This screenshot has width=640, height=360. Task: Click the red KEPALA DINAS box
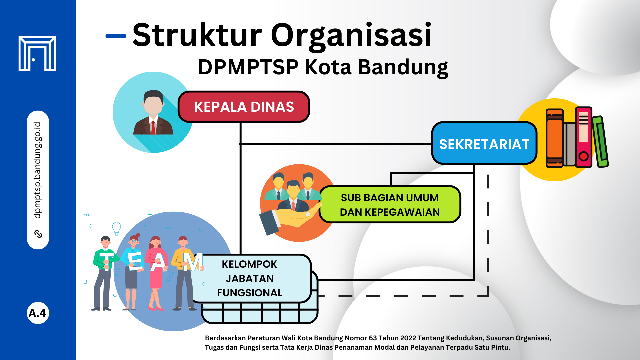[244, 107]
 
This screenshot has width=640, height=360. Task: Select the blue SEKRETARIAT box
[484, 143]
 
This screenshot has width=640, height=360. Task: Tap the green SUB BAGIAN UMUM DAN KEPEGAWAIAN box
[390, 204]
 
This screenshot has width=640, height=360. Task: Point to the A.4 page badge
[38, 313]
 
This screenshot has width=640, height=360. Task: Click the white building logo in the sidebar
[37, 53]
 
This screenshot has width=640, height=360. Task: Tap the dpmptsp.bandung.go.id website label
[37, 170]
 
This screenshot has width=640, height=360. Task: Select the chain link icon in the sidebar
[38, 234]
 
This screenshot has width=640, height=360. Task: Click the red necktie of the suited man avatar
[153, 127]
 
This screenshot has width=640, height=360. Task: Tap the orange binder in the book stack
[554, 138]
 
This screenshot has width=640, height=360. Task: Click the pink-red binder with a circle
[584, 137]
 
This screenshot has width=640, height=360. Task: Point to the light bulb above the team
[116, 229]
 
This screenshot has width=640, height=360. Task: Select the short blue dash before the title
[116, 36]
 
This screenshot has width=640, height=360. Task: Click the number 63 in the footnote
[373, 338]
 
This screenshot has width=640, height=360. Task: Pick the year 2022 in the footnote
[408, 338]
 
